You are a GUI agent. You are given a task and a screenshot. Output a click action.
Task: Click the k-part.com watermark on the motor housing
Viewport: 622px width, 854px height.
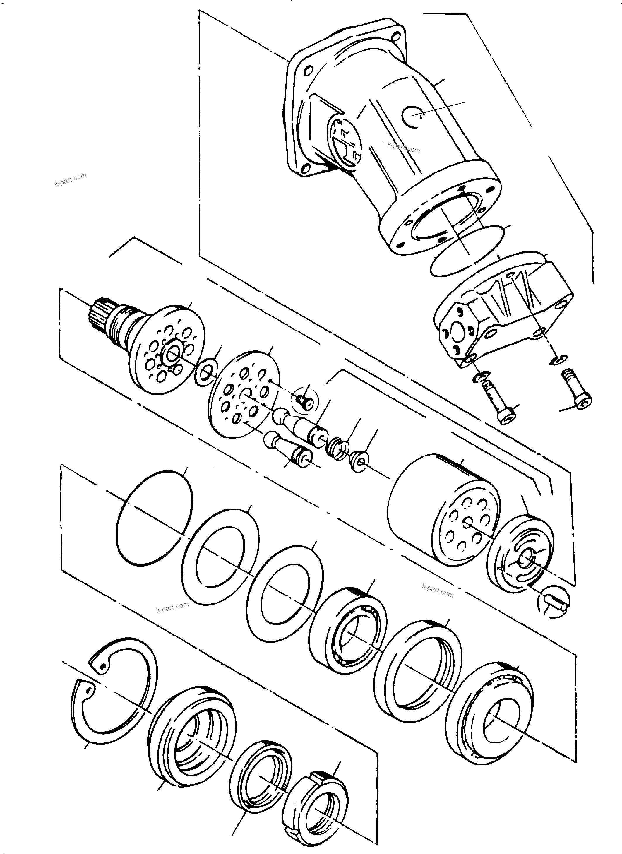tap(404, 147)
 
